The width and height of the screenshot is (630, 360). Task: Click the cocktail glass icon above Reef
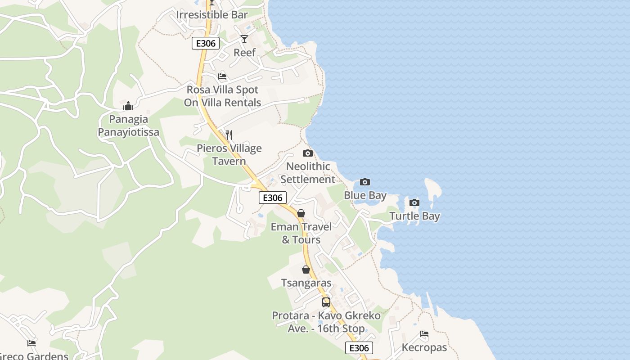tap(244, 39)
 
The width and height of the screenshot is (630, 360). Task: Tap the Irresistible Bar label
tap(212, 14)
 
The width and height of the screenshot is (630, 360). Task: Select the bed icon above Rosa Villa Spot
tap(222, 76)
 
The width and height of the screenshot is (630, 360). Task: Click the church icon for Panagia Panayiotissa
tap(128, 106)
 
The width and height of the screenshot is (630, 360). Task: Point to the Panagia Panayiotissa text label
tap(128, 126)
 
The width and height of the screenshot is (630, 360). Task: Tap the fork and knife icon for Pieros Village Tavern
tap(229, 135)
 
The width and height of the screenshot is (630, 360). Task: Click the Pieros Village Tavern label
tap(229, 155)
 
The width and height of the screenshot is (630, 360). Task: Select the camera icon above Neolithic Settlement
tap(308, 153)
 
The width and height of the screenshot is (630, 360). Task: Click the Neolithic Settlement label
tap(308, 173)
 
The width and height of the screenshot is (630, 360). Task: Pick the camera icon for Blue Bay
tap(365, 182)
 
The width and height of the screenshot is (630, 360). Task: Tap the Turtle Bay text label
tap(414, 216)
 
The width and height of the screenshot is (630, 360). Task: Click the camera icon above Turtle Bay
tap(414, 202)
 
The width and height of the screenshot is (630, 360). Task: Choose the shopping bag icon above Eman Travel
tap(301, 213)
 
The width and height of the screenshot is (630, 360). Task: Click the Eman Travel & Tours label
tap(301, 233)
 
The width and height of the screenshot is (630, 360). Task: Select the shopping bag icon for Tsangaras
tap(306, 270)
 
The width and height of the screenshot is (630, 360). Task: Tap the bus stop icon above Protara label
tap(326, 302)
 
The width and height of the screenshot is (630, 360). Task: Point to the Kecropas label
tap(424, 347)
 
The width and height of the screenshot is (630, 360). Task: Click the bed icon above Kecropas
tap(424, 334)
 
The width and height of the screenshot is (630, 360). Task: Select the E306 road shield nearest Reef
tap(206, 43)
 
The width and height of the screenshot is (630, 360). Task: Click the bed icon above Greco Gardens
tap(31, 343)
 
